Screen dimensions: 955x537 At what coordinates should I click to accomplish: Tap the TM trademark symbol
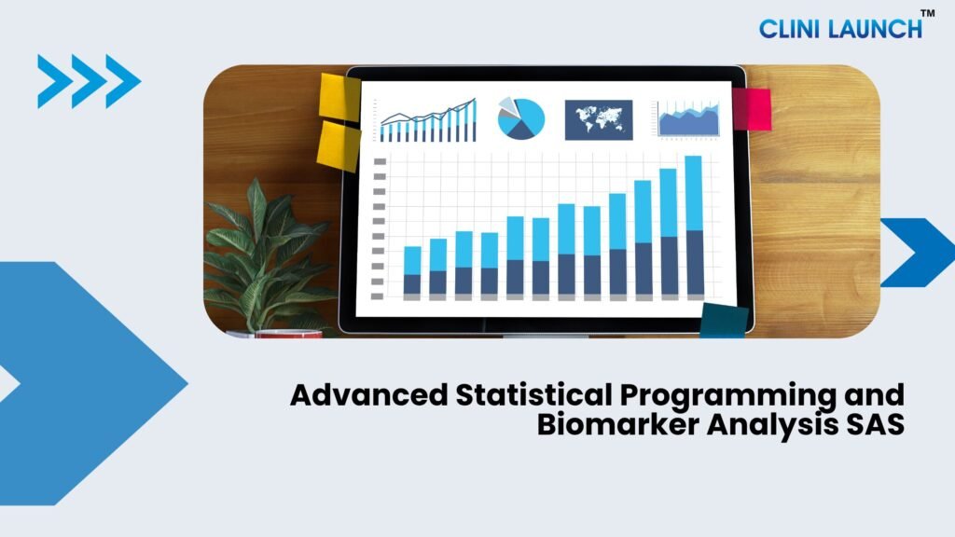pyautogui.click(x=927, y=13)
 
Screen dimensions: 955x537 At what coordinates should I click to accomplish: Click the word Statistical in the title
pyautogui.click(x=533, y=394)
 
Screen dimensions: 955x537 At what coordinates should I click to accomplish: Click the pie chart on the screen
pyautogui.click(x=520, y=118)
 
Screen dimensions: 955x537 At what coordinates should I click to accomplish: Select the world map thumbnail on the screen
pyautogui.click(x=599, y=120)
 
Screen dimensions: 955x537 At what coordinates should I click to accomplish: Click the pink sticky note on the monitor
pyautogui.click(x=753, y=109)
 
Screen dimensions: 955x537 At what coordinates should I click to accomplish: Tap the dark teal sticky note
pyautogui.click(x=724, y=321)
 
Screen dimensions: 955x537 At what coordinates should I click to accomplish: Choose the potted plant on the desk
pyautogui.click(x=268, y=255)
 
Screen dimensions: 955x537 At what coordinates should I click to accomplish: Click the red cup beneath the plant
pyautogui.click(x=289, y=334)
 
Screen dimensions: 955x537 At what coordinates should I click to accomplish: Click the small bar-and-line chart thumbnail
pyautogui.click(x=428, y=120)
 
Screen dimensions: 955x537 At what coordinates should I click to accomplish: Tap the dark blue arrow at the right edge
pyautogui.click(x=918, y=253)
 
